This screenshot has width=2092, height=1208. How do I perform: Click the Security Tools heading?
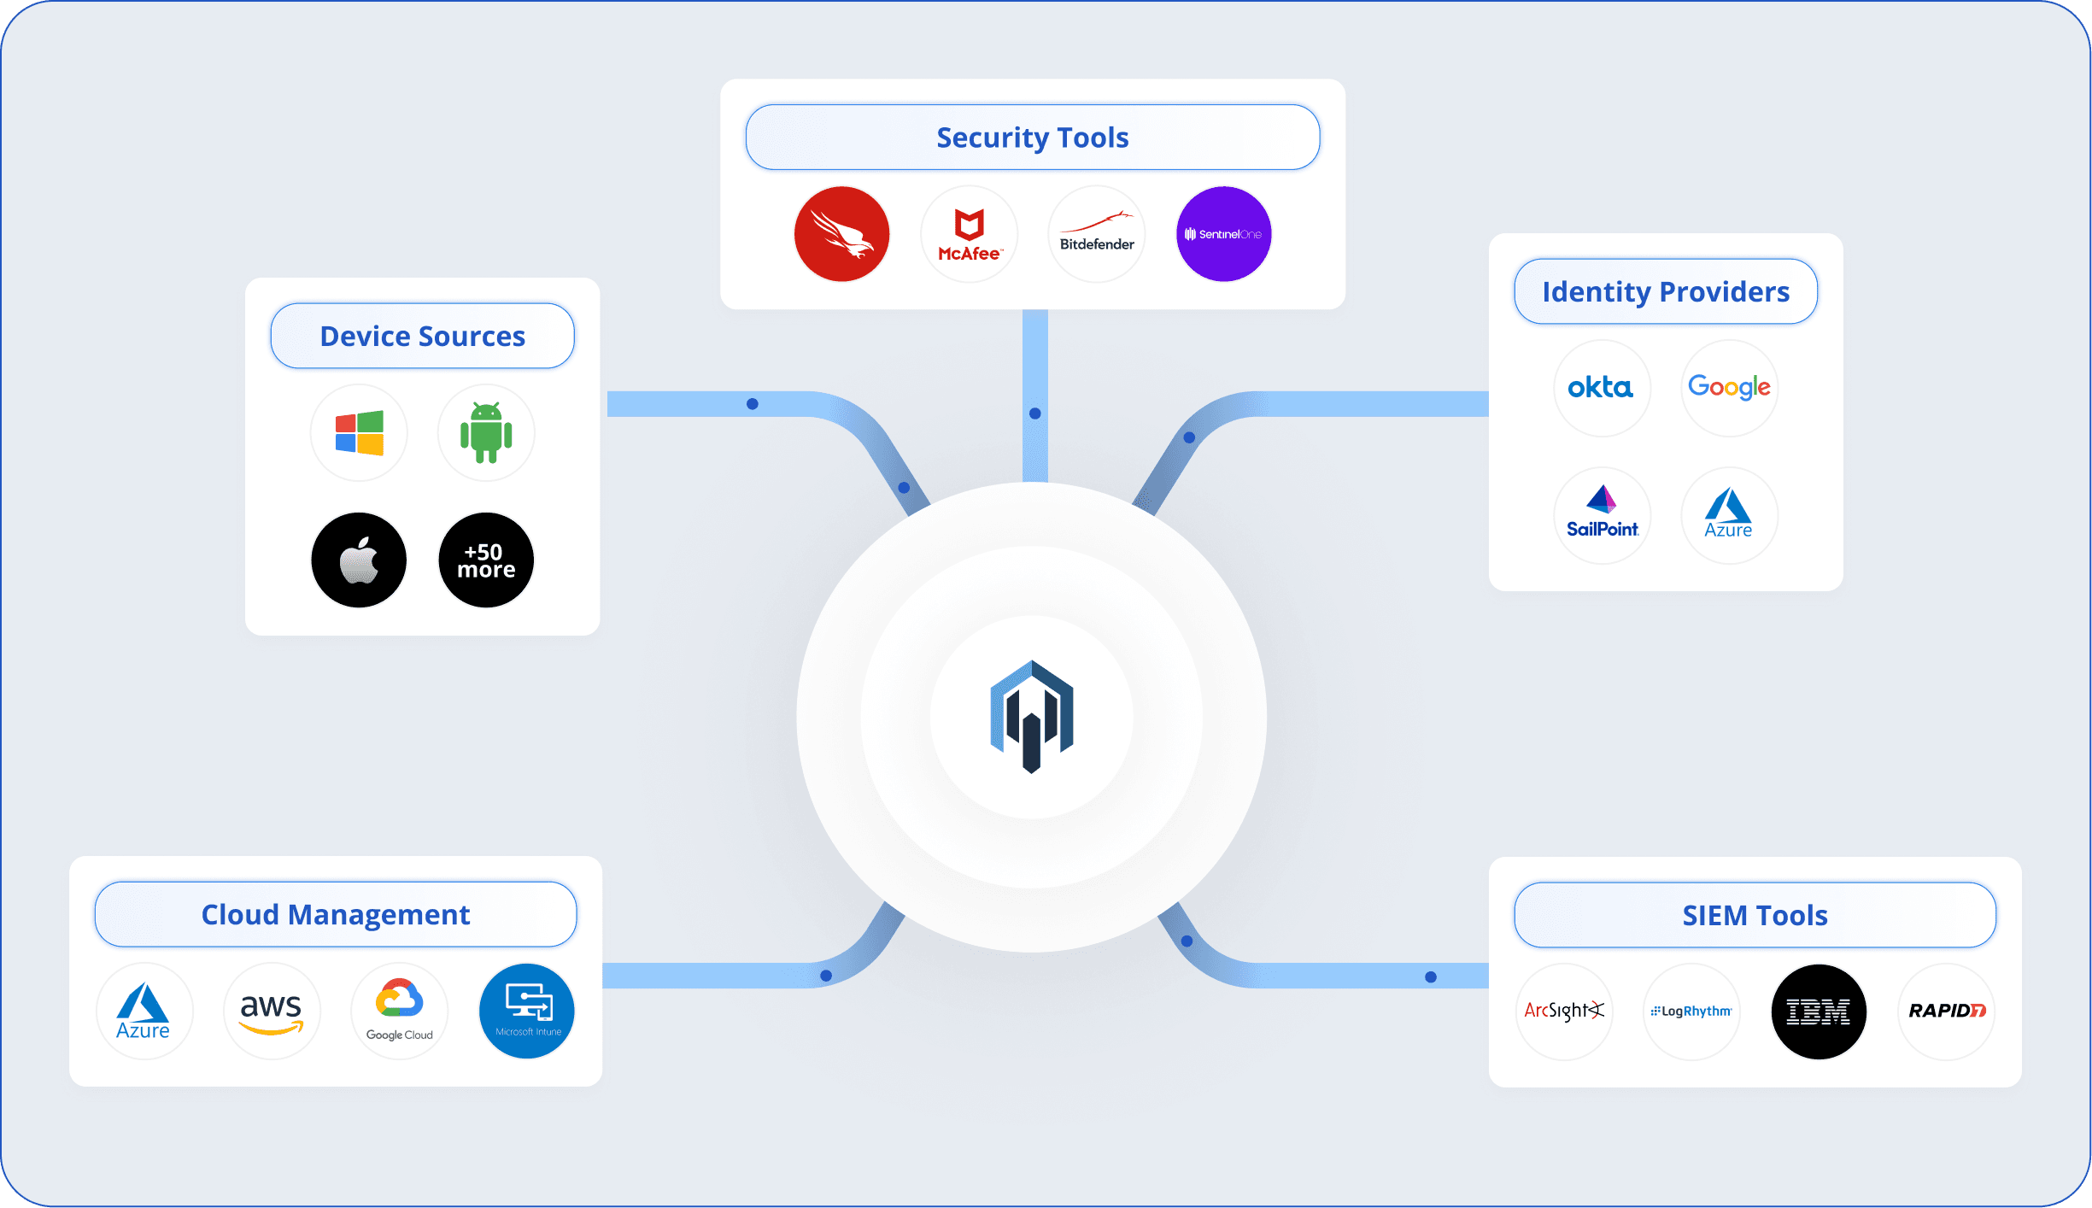[1032, 138]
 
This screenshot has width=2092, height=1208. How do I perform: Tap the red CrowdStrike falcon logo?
[841, 234]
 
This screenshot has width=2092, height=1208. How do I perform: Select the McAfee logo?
[970, 234]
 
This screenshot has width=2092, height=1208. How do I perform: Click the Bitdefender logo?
[1097, 234]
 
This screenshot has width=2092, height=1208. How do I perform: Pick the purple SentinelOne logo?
[1223, 234]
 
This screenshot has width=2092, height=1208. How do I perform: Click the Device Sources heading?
[422, 337]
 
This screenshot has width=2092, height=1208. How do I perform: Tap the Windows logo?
[359, 433]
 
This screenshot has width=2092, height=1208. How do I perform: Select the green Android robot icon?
[486, 433]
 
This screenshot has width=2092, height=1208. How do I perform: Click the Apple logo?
[359, 560]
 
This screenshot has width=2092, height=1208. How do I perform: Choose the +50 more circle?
[486, 560]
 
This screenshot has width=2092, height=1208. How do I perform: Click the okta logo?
[1601, 388]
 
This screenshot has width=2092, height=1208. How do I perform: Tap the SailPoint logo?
[1602, 515]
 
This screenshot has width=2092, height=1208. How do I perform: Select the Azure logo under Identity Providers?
[1729, 515]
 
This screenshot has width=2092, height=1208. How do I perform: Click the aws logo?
[272, 1012]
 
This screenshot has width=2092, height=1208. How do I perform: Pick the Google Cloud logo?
[399, 1012]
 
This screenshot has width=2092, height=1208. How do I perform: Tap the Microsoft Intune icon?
[527, 1012]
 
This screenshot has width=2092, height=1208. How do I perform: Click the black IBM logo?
[1819, 1012]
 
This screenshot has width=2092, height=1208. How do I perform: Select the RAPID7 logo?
[1946, 1012]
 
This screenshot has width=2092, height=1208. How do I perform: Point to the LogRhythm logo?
[1691, 1012]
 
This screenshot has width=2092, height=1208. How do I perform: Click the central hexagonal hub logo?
[1032, 717]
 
